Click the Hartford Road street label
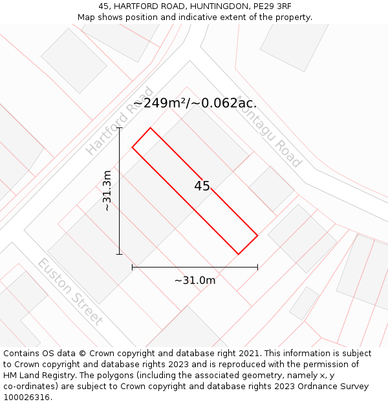pyautogui.click(x=120, y=121)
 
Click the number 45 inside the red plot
pyautogui.click(x=202, y=186)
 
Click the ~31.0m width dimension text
pyautogui.click(x=195, y=280)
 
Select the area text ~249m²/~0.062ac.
pyautogui.click(x=195, y=103)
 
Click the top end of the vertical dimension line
pyautogui.click(x=120, y=128)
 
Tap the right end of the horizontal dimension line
pyautogui.click(x=257, y=266)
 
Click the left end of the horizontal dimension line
pyautogui.click(x=133, y=266)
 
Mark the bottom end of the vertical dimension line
pyautogui.click(x=120, y=254)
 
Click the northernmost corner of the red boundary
pyautogui.click(x=151, y=128)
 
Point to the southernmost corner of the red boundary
pyautogui.click(x=239, y=254)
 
